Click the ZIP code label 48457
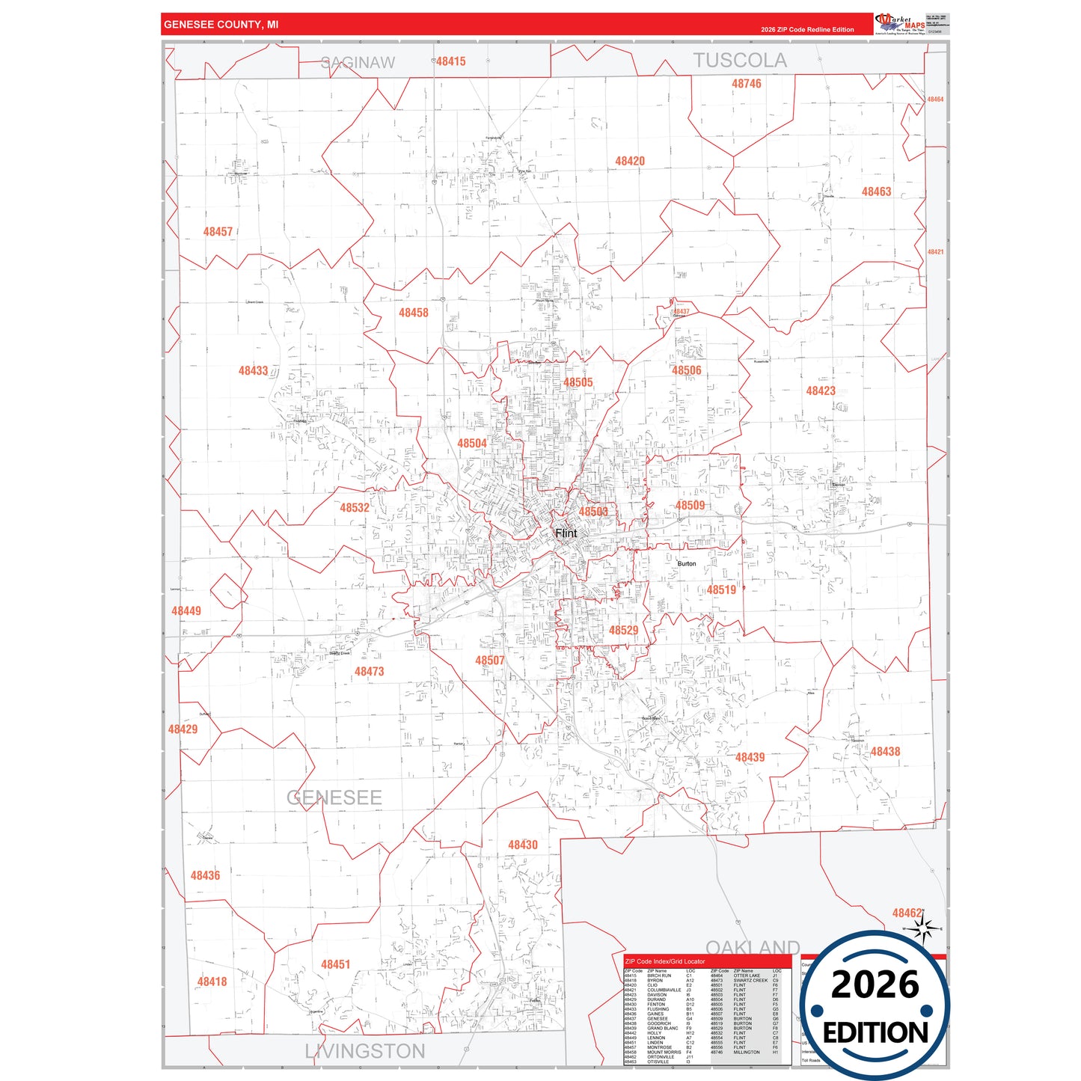click(x=218, y=232)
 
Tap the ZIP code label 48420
click(x=630, y=161)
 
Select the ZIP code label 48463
click(x=876, y=192)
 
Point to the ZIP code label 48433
click(x=253, y=370)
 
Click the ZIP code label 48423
click(x=821, y=391)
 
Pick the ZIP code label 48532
click(x=355, y=507)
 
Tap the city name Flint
click(x=566, y=533)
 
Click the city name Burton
click(x=687, y=563)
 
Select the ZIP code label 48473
click(x=369, y=671)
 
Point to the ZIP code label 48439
click(x=750, y=757)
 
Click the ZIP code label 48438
click(x=885, y=751)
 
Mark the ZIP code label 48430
click(x=522, y=845)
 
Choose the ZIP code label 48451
click(x=335, y=964)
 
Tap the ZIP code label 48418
click(x=212, y=981)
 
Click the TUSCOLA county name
click(x=739, y=61)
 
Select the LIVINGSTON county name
click(x=364, y=1051)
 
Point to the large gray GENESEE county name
click(x=334, y=797)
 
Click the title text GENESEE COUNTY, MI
click(x=221, y=25)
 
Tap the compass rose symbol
click(x=923, y=929)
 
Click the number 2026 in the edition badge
click(x=875, y=984)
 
